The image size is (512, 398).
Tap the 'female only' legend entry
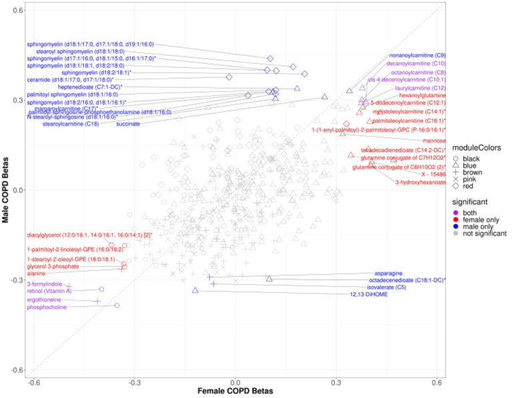pyautogui.click(x=482, y=219)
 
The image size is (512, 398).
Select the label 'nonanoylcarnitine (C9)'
pyautogui.click(x=417, y=55)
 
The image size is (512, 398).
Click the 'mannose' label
pyautogui.click(x=435, y=141)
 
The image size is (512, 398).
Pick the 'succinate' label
pyautogui.click(x=128, y=124)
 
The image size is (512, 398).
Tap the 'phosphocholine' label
pyautogui.click(x=46, y=307)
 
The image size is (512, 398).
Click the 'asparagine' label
pyautogui.click(x=388, y=273)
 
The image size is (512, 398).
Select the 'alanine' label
pyautogui.click(x=36, y=273)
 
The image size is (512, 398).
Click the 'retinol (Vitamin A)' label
pyautogui.click(x=49, y=291)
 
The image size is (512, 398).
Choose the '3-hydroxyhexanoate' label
pyautogui.click(x=420, y=181)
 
